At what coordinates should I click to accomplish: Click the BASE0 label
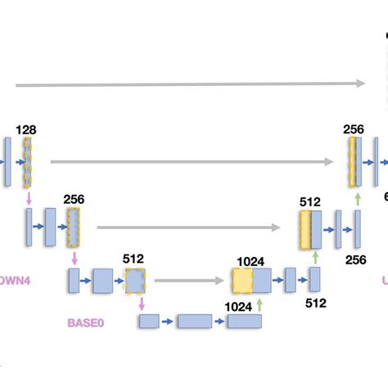click(x=87, y=323)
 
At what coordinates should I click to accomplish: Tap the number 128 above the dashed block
click(x=25, y=129)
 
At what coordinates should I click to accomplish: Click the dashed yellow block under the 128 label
click(x=27, y=161)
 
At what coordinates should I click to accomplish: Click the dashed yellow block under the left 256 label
click(x=73, y=227)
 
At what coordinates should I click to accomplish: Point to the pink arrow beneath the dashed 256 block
click(x=74, y=258)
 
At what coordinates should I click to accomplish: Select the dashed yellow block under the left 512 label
click(x=134, y=281)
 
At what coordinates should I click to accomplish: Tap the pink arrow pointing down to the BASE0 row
click(x=142, y=304)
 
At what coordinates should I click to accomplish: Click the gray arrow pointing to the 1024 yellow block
click(x=189, y=281)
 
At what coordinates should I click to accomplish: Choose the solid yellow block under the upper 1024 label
click(x=242, y=281)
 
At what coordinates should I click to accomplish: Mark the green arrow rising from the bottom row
click(x=259, y=305)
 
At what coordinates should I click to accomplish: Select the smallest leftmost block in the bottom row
click(x=149, y=321)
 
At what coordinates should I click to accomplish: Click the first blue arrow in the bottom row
click(x=168, y=321)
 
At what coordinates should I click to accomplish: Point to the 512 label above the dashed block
click(x=133, y=259)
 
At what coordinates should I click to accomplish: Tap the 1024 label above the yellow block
click(x=250, y=261)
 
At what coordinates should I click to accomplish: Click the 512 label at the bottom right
click(x=316, y=302)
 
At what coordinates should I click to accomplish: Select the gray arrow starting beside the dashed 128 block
click(x=192, y=161)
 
